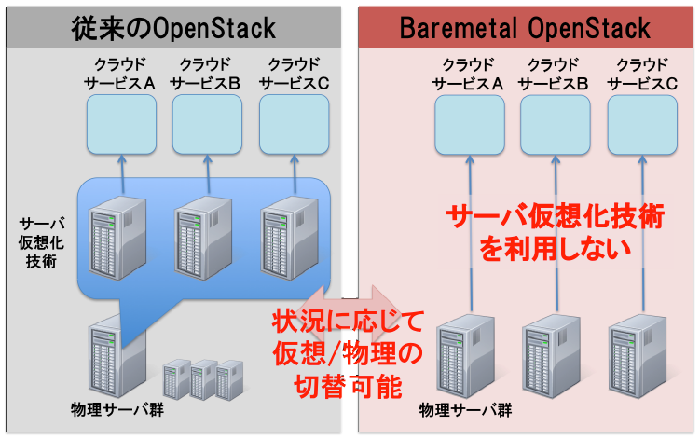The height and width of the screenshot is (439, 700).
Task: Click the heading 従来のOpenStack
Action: click(x=173, y=28)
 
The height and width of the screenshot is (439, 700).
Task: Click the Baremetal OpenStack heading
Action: click(x=525, y=28)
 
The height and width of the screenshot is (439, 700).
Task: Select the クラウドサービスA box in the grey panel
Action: click(x=121, y=125)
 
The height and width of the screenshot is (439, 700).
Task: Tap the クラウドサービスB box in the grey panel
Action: click(x=207, y=125)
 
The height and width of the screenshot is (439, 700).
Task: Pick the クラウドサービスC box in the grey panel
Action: click(x=295, y=125)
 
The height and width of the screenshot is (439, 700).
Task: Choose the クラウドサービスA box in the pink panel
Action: click(x=470, y=125)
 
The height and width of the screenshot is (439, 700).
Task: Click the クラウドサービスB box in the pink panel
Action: click(x=556, y=125)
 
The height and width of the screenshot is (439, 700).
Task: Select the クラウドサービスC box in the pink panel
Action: click(x=642, y=125)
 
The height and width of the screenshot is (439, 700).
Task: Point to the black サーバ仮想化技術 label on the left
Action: click(x=41, y=242)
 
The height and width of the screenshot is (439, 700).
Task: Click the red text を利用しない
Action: click(x=555, y=249)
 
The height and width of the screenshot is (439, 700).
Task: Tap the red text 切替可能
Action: click(x=348, y=386)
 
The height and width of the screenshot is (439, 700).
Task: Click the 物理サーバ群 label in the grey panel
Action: click(x=117, y=409)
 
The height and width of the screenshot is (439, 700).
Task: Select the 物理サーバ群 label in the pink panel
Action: click(x=465, y=410)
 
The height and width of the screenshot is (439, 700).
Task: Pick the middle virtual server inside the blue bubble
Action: click(x=203, y=238)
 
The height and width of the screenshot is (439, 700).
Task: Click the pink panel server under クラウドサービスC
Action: click(x=638, y=356)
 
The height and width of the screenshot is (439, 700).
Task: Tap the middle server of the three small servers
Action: click(x=203, y=379)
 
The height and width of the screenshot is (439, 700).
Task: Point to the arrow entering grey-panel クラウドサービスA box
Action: click(x=122, y=174)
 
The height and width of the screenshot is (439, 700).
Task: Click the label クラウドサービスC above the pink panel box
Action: click(x=642, y=75)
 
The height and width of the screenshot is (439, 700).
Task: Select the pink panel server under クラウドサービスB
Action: click(x=552, y=356)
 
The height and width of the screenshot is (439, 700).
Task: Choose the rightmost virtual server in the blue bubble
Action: click(x=290, y=238)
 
